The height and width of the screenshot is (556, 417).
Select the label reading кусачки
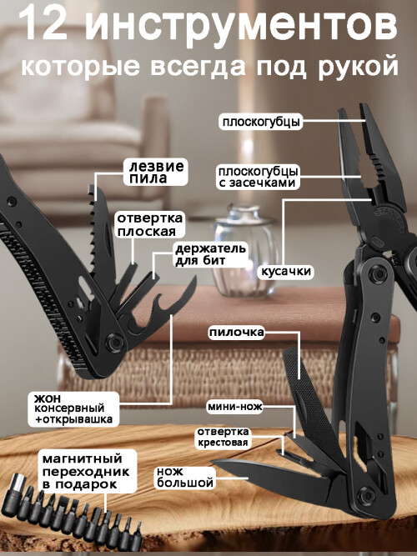click(x=286, y=272)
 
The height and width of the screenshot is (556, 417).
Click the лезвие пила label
click(x=156, y=172)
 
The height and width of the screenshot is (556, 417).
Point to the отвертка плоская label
click(x=150, y=224)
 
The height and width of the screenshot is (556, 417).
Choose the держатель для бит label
click(x=210, y=254)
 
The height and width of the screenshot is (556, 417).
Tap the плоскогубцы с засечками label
click(x=258, y=177)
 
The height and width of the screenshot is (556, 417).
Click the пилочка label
click(x=236, y=333)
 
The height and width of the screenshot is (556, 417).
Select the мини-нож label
click(x=235, y=407)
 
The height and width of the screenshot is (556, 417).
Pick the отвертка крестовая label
click(x=224, y=438)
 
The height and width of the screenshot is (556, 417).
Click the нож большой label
click(x=185, y=478)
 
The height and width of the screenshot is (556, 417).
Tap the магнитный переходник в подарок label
click(x=86, y=471)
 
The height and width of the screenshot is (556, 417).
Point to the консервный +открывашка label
click(x=73, y=409)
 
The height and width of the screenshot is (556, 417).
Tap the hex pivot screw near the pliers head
click(x=374, y=273)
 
